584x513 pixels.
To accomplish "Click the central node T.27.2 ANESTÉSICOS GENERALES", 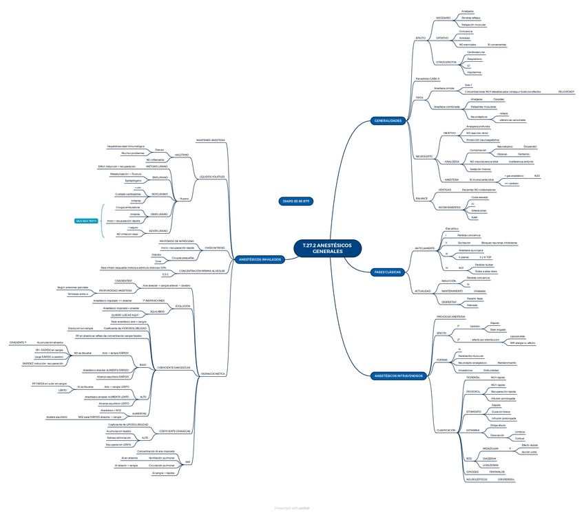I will [x=322, y=248].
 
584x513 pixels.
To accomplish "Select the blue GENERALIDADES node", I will [x=388, y=121].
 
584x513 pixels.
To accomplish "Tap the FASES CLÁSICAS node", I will [x=388, y=273].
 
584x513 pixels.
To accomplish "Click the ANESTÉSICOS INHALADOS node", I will [x=259, y=259].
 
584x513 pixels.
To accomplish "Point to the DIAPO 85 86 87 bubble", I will [x=296, y=201].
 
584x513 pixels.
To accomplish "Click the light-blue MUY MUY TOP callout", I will [x=87, y=221].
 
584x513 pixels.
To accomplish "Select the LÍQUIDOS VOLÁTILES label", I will [x=212, y=177].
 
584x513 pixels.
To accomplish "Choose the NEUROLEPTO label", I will [x=424, y=157].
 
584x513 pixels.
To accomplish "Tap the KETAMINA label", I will [x=473, y=430].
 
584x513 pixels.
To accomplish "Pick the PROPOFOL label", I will [x=473, y=391].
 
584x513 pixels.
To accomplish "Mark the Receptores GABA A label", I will [x=427, y=79].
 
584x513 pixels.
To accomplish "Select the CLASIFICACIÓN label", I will [x=446, y=430].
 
